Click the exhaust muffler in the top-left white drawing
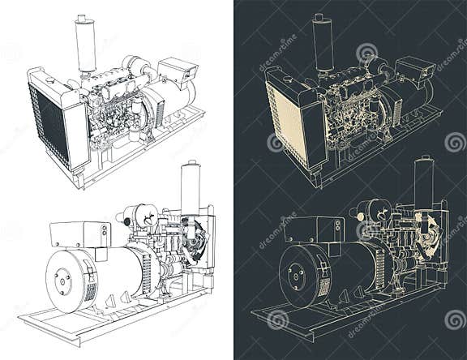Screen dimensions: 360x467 coord(84,45)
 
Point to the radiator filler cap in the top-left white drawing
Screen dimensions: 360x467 coord(50,79)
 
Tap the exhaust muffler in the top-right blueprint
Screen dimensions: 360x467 coord(323,45)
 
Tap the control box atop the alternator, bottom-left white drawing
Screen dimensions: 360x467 coord(79,234)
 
